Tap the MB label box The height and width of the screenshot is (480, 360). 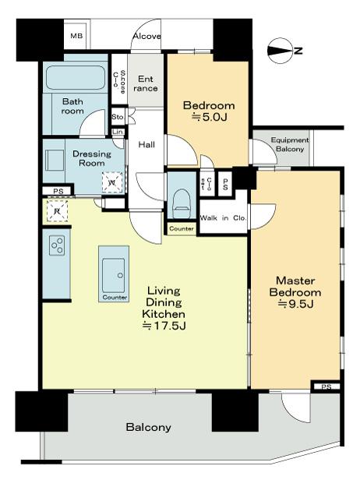pyautogui.click(x=76, y=36)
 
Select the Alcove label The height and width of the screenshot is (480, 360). pyautogui.click(x=146, y=37)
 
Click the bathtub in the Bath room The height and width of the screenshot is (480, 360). pyautogui.click(x=76, y=78)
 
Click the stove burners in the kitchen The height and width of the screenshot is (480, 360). pyautogui.click(x=57, y=245)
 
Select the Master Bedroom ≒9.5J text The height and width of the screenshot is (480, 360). pyautogui.click(x=295, y=291)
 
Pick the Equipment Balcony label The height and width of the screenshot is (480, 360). pyautogui.click(x=289, y=144)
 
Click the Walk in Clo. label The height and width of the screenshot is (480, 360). pyautogui.click(x=224, y=218)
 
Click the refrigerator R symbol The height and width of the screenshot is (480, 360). pyautogui.click(x=57, y=209)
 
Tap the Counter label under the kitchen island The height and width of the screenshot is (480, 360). pyautogui.click(x=115, y=298)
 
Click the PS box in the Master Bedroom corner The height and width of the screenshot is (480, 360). pyautogui.click(x=326, y=386)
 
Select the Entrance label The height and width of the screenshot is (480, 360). pyautogui.click(x=146, y=83)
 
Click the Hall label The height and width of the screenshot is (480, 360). pyautogui.click(x=146, y=145)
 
